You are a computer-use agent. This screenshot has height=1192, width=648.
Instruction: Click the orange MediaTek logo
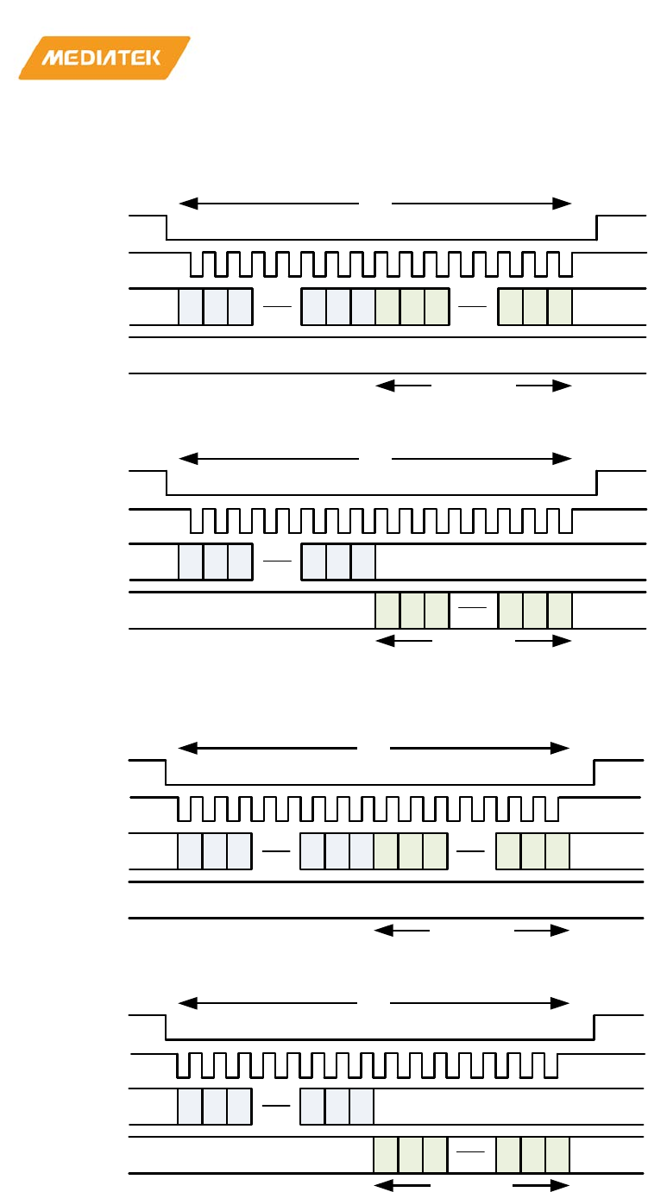pyautogui.click(x=104, y=58)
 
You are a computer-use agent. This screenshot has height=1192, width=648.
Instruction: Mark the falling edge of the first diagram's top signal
pyautogui.click(x=167, y=229)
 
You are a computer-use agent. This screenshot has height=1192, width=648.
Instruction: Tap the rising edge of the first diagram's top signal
pyautogui.click(x=596, y=229)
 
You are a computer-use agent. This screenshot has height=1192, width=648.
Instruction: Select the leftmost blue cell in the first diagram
pyautogui.click(x=191, y=307)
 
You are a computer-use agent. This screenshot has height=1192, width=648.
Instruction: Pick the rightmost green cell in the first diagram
pyautogui.click(x=560, y=307)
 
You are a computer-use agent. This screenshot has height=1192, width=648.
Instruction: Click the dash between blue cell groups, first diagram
pyautogui.click(x=277, y=307)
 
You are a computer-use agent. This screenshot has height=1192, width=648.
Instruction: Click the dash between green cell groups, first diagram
pyautogui.click(x=474, y=307)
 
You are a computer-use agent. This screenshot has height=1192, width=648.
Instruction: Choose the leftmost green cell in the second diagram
pyautogui.click(x=388, y=610)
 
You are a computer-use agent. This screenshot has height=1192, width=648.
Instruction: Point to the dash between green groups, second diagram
pyautogui.click(x=474, y=609)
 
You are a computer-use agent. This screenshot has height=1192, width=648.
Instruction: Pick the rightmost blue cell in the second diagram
pyautogui.click(x=363, y=562)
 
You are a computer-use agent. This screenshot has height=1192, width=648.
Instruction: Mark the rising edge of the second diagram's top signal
pyautogui.click(x=596, y=483)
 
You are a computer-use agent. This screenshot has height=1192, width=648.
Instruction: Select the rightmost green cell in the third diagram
pyautogui.click(x=557, y=851)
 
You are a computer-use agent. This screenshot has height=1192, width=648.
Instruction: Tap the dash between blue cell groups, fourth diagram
pyautogui.click(x=276, y=1106)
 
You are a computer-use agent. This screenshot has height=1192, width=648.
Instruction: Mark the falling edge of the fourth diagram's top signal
pyautogui.click(x=166, y=1028)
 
